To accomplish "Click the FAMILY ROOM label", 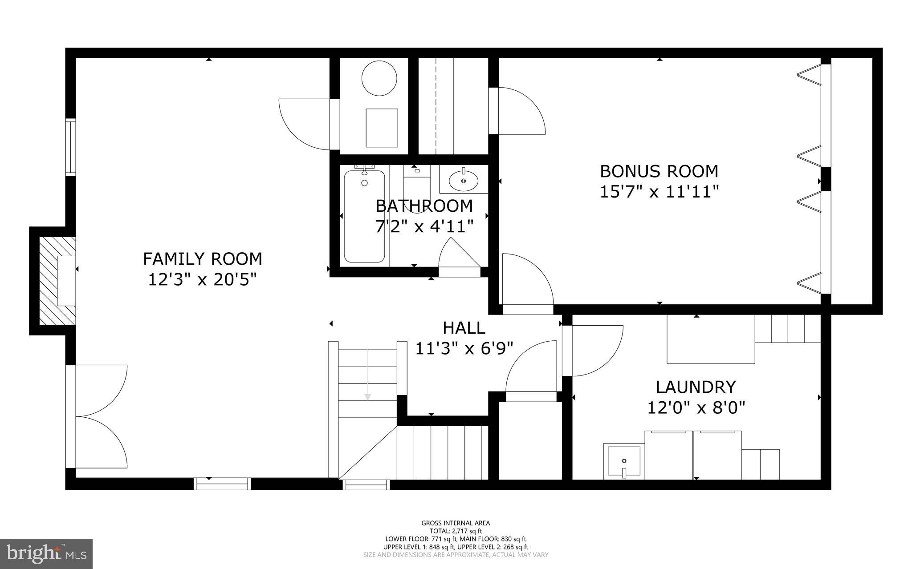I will click(202, 259).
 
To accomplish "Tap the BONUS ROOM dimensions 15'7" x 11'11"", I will click(659, 192).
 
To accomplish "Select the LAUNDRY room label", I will click(696, 387).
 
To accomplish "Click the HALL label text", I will click(464, 328).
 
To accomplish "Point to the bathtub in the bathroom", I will click(364, 217).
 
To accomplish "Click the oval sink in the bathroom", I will click(464, 181).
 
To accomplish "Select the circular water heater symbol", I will click(379, 78).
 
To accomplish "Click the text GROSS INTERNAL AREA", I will click(456, 523).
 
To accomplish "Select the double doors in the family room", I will click(100, 416).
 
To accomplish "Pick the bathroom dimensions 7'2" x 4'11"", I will click(423, 227).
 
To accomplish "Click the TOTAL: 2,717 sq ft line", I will click(456, 531).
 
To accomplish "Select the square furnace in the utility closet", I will click(382, 128).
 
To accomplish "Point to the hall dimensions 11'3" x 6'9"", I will click(464, 348).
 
